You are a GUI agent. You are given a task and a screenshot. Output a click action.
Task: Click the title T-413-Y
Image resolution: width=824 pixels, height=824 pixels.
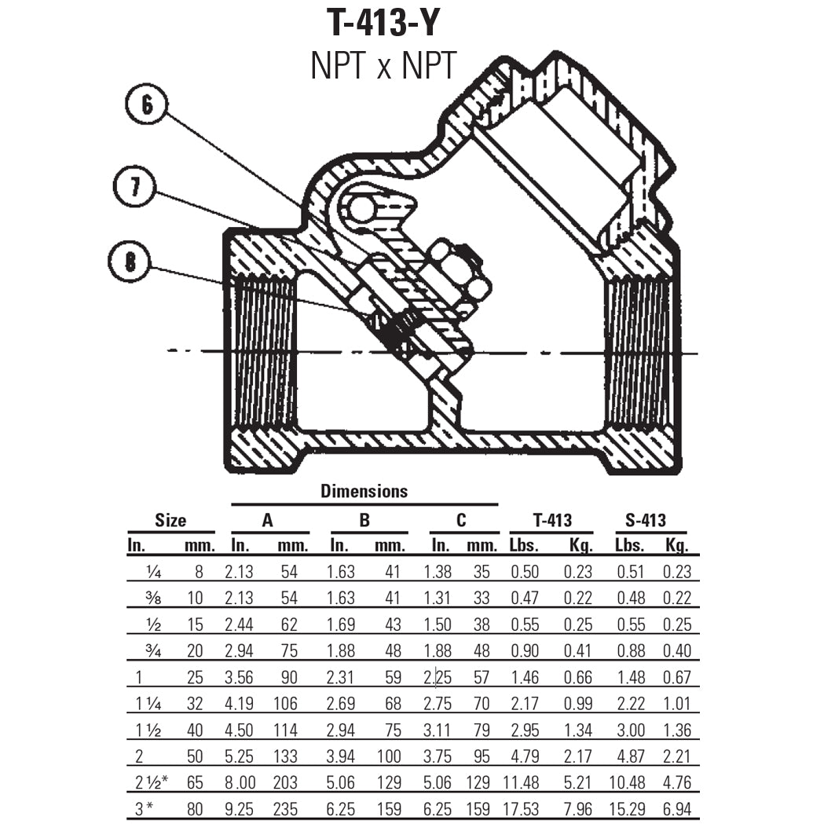pos(383,23)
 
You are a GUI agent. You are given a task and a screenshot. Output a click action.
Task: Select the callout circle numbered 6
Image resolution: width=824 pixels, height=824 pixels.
pos(145,107)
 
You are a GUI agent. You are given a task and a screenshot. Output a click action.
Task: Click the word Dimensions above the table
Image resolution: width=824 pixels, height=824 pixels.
pos(364,491)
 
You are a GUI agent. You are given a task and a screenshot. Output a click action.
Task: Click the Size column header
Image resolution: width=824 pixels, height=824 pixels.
pos(170,520)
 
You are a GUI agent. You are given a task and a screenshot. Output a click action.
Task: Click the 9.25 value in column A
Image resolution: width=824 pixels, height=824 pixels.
pos(240,808)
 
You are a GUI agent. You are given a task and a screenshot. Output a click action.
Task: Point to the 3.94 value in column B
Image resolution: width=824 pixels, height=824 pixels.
pos(340,756)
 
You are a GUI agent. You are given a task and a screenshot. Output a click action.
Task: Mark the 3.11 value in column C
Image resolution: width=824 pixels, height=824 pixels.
pos(440,730)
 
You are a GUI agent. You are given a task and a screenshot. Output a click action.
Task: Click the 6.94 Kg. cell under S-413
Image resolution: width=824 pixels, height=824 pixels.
pos(677,808)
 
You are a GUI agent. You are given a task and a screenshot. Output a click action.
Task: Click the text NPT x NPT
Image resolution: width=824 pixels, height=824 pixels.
pos(383,66)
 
